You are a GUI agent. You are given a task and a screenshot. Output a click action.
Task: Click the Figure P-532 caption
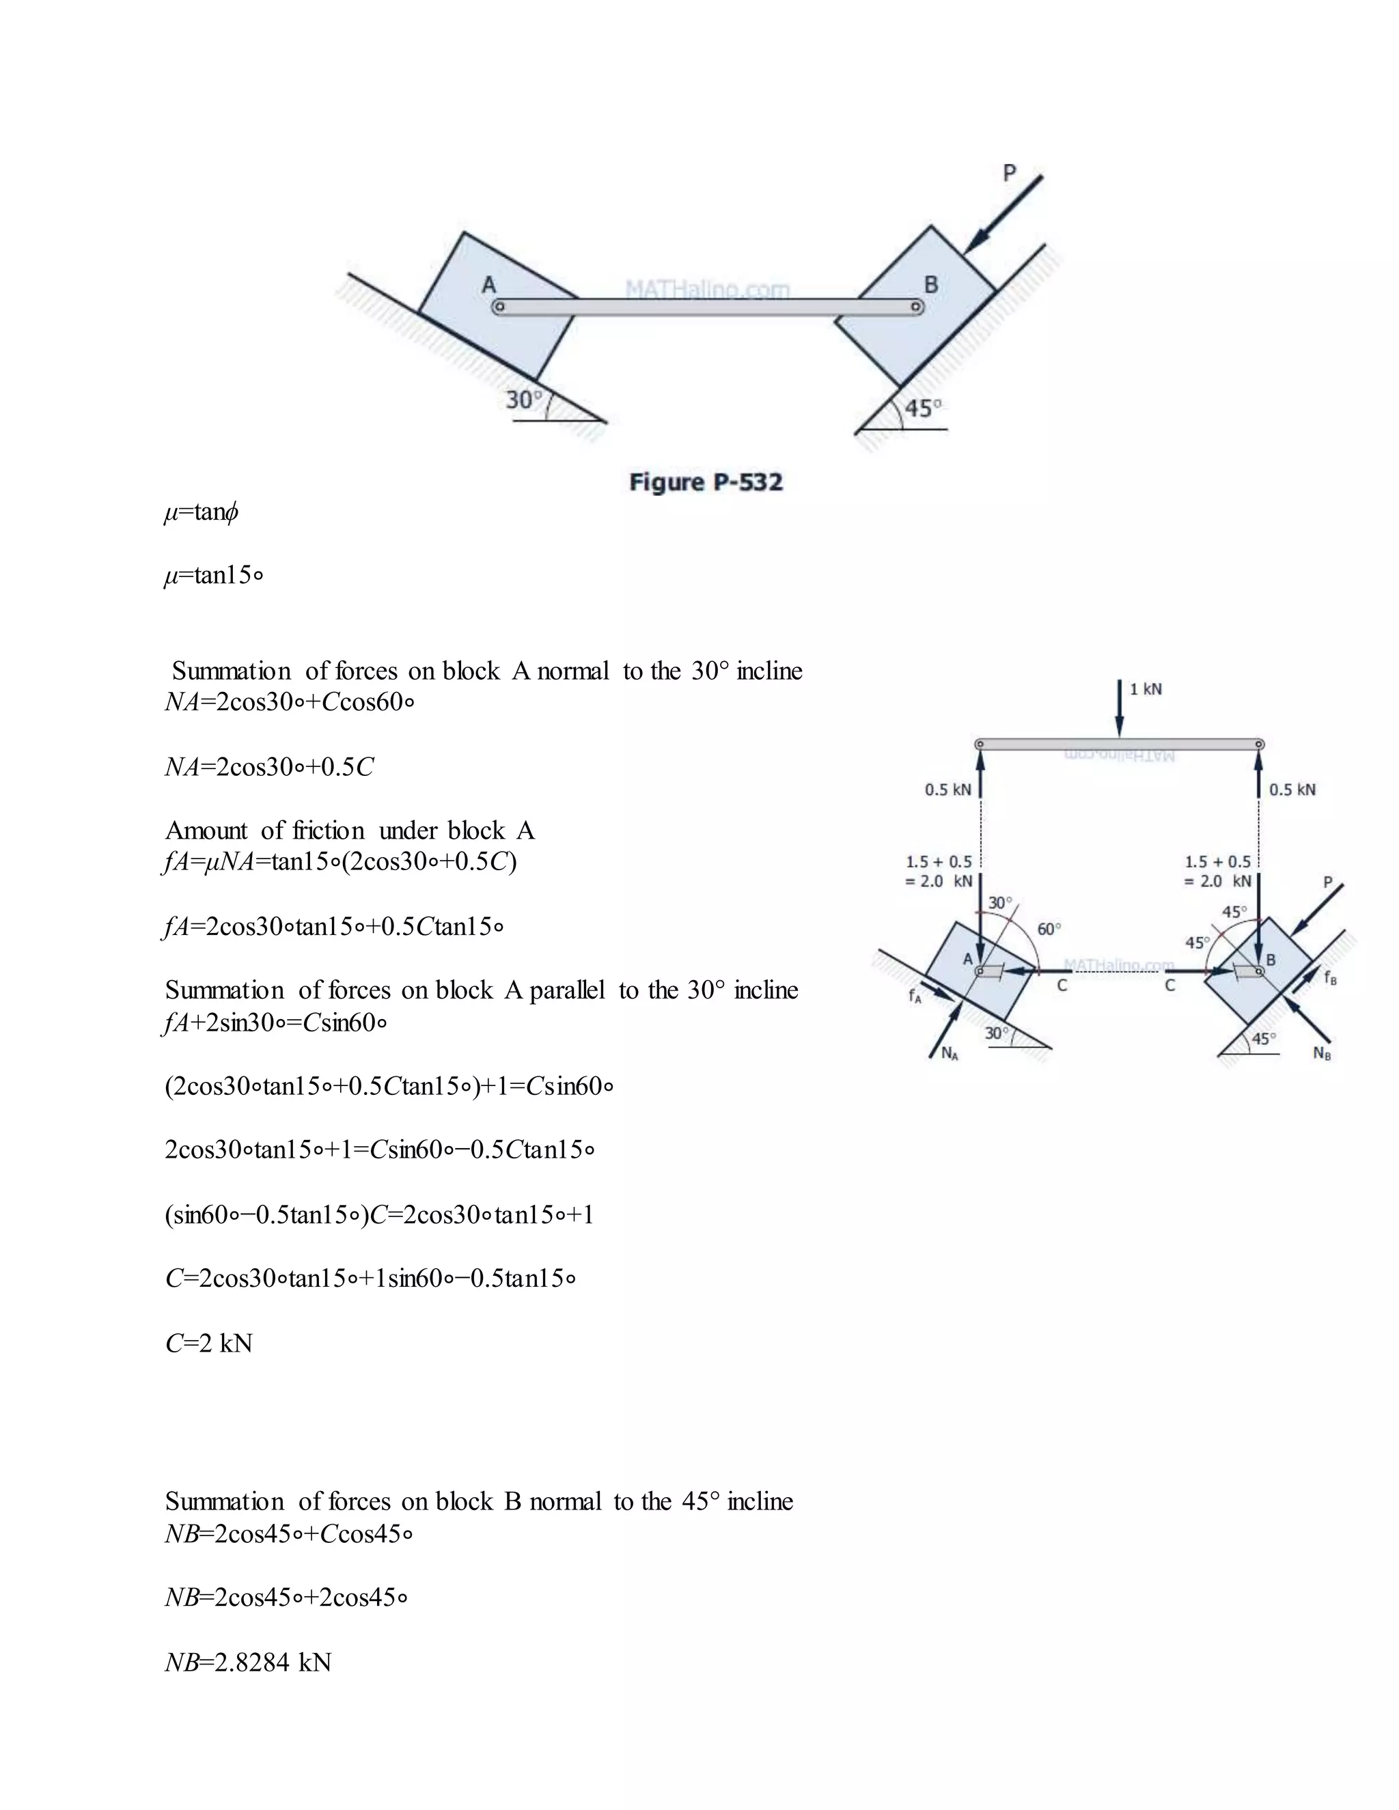click(705, 482)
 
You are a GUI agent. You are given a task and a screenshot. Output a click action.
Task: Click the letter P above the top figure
click(1009, 173)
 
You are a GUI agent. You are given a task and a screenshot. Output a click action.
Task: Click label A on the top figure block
click(489, 284)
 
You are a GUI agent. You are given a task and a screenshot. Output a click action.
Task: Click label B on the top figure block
click(931, 284)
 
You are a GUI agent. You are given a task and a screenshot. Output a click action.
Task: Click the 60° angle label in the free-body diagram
click(1049, 929)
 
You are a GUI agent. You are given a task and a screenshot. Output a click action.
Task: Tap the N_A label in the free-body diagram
click(950, 1053)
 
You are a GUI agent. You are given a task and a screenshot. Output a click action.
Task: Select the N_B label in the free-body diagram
click(1322, 1053)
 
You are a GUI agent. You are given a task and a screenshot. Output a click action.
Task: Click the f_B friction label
click(1329, 978)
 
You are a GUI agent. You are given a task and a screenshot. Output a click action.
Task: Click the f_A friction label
click(914, 996)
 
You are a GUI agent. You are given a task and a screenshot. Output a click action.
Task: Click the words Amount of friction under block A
click(350, 831)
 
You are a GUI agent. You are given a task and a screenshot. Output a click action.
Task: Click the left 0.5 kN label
click(948, 790)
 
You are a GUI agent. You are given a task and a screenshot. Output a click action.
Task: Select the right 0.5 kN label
click(1292, 790)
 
